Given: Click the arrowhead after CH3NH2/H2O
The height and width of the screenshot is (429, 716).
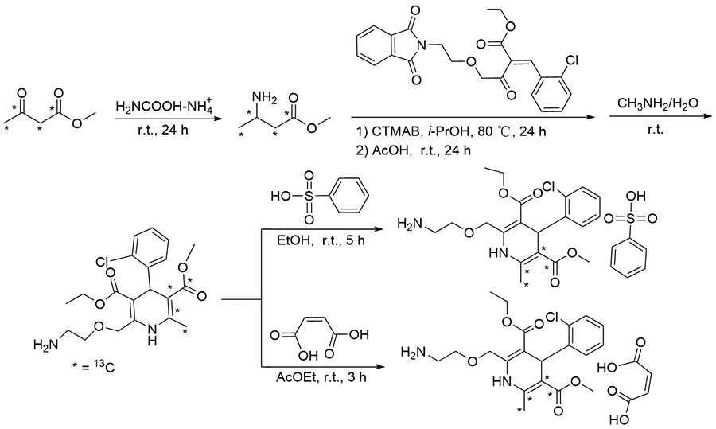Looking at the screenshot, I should (698, 118).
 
